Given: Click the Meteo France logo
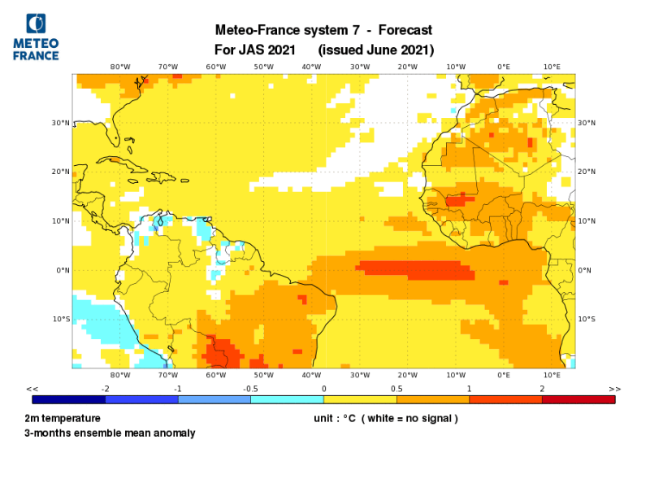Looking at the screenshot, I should (36, 37).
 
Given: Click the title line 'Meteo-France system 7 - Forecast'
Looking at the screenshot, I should (323, 31).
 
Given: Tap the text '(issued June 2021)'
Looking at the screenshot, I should (376, 50).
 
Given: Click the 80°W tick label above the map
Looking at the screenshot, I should (120, 67).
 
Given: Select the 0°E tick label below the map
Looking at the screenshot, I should (504, 375).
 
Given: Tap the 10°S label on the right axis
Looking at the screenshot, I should (587, 319).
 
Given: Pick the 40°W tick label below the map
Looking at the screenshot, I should (312, 375).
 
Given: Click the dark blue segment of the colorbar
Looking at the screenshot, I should (68, 399).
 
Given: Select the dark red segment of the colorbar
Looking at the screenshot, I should (578, 399).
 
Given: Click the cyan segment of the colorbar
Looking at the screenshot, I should (287, 399).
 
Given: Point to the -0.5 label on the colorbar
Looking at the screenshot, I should (250, 390).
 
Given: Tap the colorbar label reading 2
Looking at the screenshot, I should (542, 390).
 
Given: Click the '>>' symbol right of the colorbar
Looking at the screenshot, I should (614, 390).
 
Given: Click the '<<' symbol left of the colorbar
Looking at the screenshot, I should (32, 390).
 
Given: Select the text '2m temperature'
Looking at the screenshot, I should (63, 418).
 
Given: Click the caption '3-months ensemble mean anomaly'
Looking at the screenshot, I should (110, 433).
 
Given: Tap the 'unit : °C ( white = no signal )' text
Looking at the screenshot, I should (386, 418).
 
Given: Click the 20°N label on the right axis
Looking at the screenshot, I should (587, 172).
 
